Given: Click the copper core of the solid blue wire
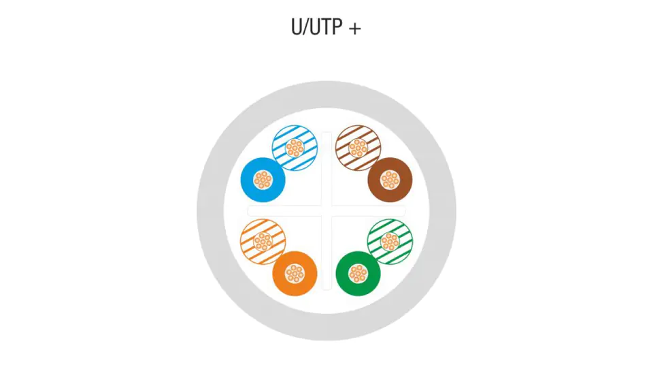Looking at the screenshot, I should [x=263, y=180].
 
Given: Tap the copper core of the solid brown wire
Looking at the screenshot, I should [x=390, y=180].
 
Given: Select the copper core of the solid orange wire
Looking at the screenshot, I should [x=295, y=274].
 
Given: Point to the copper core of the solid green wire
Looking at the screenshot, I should [x=358, y=274].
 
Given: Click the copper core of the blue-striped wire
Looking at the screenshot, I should [x=295, y=148].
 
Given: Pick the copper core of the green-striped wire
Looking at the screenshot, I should [x=390, y=242].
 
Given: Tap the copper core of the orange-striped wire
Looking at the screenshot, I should [x=263, y=242].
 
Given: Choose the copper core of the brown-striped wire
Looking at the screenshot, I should [x=358, y=148].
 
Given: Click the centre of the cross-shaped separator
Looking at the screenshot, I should [x=326, y=211].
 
